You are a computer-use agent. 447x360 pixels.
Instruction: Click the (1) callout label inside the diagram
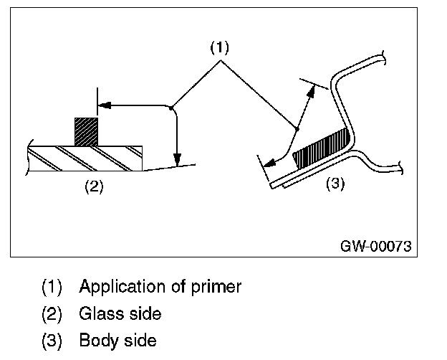[x=218, y=48]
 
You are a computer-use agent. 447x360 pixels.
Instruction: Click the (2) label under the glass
[x=95, y=186]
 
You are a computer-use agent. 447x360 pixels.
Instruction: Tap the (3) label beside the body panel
[x=335, y=184]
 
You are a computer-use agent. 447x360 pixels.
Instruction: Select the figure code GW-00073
[x=375, y=245]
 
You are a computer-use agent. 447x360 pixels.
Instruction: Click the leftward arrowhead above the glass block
[x=104, y=105]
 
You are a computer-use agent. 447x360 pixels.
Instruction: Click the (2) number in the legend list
[x=52, y=313]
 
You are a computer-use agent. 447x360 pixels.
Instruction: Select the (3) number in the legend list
[x=52, y=338]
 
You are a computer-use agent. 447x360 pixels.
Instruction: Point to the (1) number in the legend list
[x=52, y=288]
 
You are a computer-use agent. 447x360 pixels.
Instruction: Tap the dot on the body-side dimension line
[x=297, y=129]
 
